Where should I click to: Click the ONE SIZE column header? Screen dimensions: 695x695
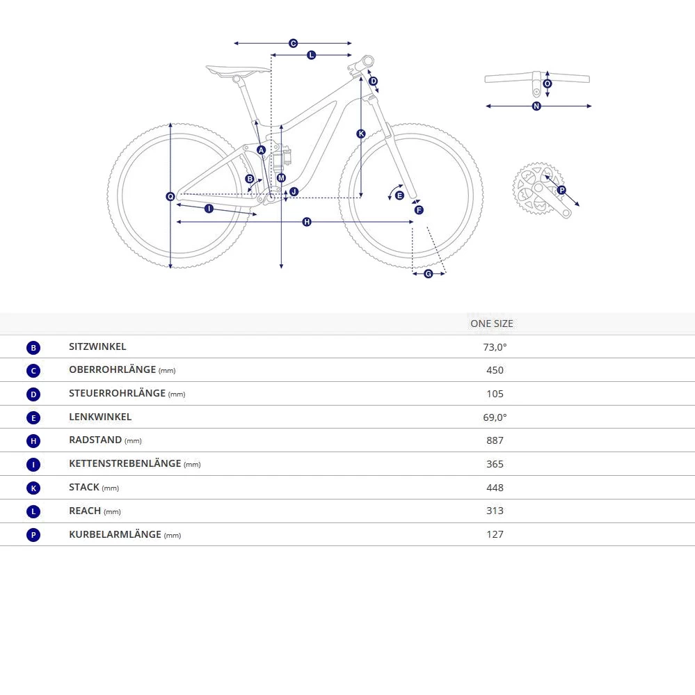(x=492, y=323)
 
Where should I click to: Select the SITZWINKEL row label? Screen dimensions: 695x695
(x=97, y=346)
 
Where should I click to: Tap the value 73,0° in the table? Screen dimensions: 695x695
(x=495, y=347)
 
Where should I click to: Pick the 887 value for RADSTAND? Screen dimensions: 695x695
(x=495, y=440)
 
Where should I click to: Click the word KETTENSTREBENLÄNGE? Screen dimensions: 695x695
(x=125, y=463)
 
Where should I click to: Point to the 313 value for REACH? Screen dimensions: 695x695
(x=495, y=511)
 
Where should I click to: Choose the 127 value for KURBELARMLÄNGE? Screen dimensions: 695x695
(x=495, y=534)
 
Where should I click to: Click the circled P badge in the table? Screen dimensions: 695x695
(x=33, y=535)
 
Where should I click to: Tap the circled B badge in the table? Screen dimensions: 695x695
(x=33, y=348)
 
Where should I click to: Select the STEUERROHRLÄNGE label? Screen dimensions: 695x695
(x=117, y=393)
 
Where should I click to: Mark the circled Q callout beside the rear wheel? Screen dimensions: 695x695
(x=170, y=197)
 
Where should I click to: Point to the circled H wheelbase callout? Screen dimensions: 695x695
(x=307, y=222)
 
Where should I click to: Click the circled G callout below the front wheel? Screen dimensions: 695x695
(x=429, y=274)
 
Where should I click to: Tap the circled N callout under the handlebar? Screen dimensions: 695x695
(x=536, y=106)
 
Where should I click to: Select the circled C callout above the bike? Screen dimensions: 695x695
(x=293, y=43)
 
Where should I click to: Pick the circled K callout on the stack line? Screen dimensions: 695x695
(x=361, y=134)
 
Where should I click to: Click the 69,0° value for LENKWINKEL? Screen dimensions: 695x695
(x=495, y=417)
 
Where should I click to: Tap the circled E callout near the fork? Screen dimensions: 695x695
(x=399, y=195)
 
